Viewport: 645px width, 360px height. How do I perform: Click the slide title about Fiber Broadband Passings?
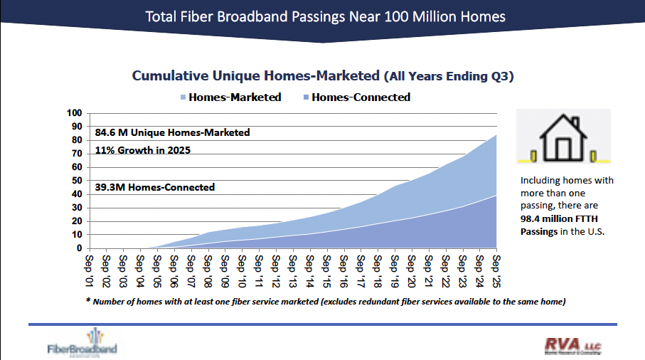pos(321,16)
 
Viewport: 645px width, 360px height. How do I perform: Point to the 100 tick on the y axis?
pos(75,113)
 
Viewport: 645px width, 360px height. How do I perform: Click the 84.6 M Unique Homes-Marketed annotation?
pos(172,132)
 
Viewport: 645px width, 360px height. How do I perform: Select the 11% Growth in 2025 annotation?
pos(142,151)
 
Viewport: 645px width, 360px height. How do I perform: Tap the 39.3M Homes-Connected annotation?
pos(154,188)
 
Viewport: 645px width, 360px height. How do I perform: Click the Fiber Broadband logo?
pos(82,342)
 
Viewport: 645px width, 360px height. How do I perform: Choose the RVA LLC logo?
pos(572,345)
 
